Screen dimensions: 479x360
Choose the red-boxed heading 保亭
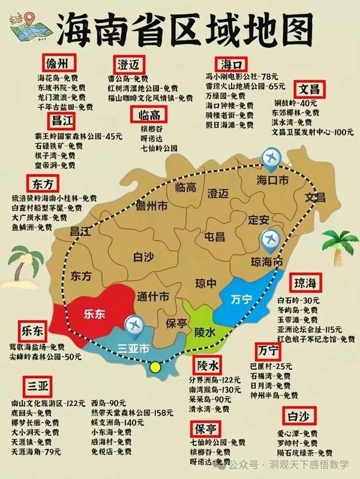pos(206,429)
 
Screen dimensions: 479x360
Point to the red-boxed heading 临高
pos(147,115)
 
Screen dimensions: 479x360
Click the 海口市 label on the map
pos(273,179)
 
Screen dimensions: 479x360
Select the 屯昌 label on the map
pos(215,235)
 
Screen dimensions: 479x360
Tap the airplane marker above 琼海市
pos(272,240)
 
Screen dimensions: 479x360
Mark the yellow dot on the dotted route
pos(156,367)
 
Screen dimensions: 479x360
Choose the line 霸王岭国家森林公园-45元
pos(79,136)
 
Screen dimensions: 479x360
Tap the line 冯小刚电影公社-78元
pos(242,76)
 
